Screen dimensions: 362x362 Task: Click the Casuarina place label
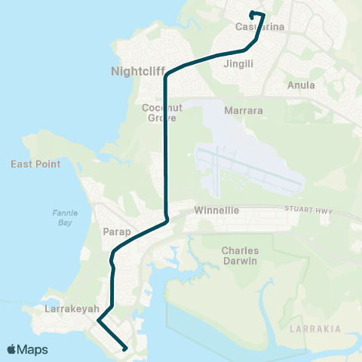(259, 27)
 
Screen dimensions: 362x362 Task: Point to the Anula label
(302, 85)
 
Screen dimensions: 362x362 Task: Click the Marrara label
(244, 111)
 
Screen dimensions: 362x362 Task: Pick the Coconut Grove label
(158, 112)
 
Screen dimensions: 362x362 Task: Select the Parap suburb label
(112, 231)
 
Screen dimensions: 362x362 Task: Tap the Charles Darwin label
(240, 256)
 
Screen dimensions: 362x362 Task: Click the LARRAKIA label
(315, 329)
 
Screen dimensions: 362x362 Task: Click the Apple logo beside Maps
(12, 349)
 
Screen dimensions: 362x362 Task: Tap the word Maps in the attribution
(33, 349)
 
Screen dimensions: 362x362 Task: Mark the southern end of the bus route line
(124, 349)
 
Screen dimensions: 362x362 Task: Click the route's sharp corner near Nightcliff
(165, 73)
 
